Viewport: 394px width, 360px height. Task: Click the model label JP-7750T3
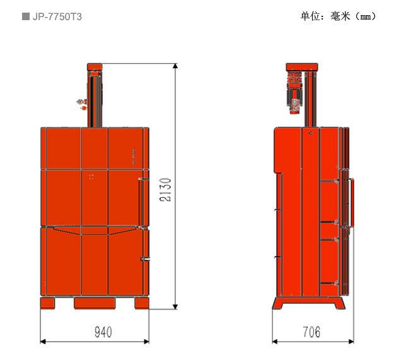(x=57, y=17)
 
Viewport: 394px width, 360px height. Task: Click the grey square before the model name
(x=26, y=16)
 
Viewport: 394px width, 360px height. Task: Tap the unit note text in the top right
(x=339, y=16)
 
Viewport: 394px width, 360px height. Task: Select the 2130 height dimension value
(x=165, y=189)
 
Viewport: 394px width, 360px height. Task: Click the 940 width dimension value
(x=103, y=332)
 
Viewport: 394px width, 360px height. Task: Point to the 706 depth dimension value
(x=311, y=332)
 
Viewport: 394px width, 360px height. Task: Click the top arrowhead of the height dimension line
(x=175, y=66)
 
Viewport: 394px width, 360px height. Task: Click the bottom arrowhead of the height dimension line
(x=175, y=306)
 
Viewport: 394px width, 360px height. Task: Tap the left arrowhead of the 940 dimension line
(x=43, y=342)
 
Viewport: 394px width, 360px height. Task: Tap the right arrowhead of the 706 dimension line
(x=351, y=342)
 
